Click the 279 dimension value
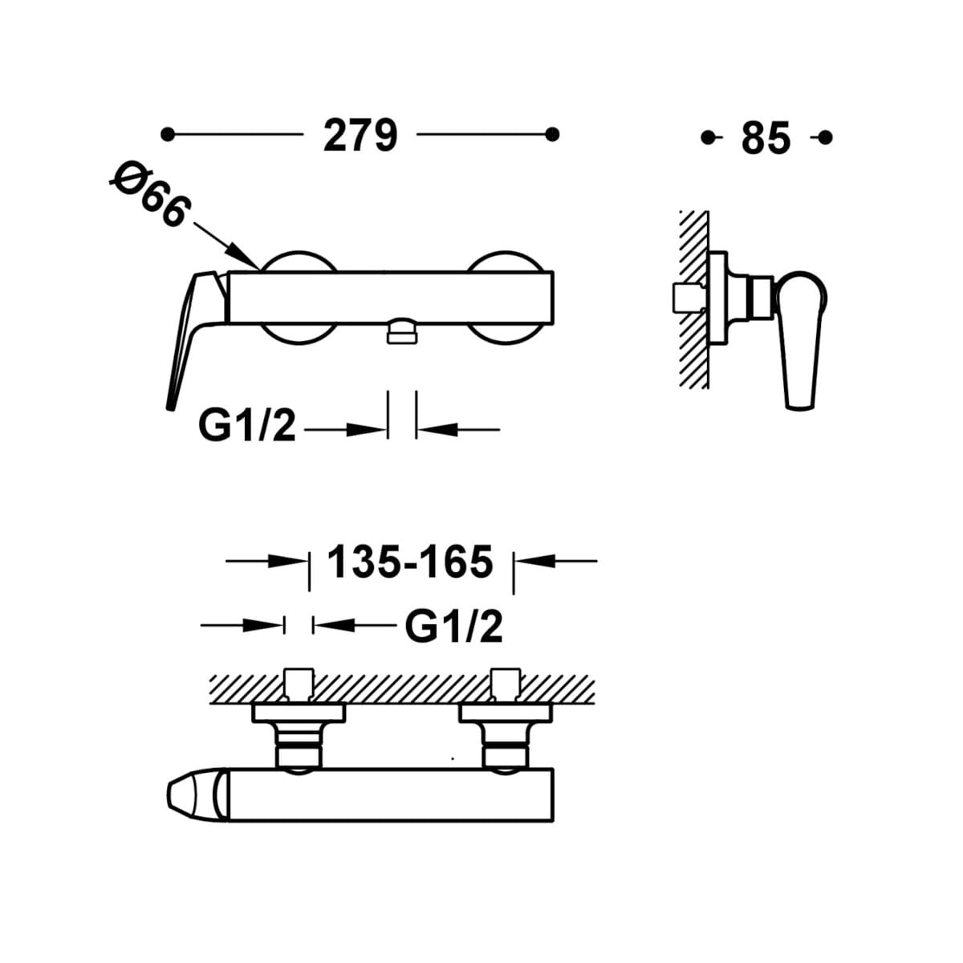click(360, 136)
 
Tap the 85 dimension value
click(766, 138)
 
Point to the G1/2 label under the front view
click(247, 426)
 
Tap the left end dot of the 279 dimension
click(168, 135)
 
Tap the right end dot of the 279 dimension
click(552, 135)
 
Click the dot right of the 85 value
click(825, 137)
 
